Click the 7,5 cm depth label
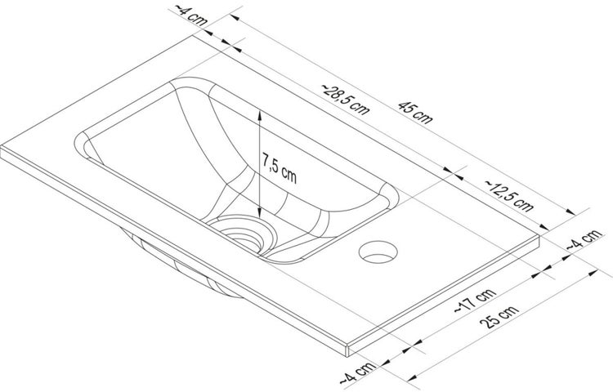coord(280,169)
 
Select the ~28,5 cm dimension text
coord(345,100)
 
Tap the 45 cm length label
coord(415,112)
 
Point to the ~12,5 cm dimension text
coord(509,195)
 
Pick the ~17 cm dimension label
coord(475,300)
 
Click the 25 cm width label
coord(499,317)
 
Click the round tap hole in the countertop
coord(378,252)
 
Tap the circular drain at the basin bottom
coord(243,234)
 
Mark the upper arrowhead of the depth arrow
coord(259,114)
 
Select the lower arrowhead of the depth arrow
coord(259,212)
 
